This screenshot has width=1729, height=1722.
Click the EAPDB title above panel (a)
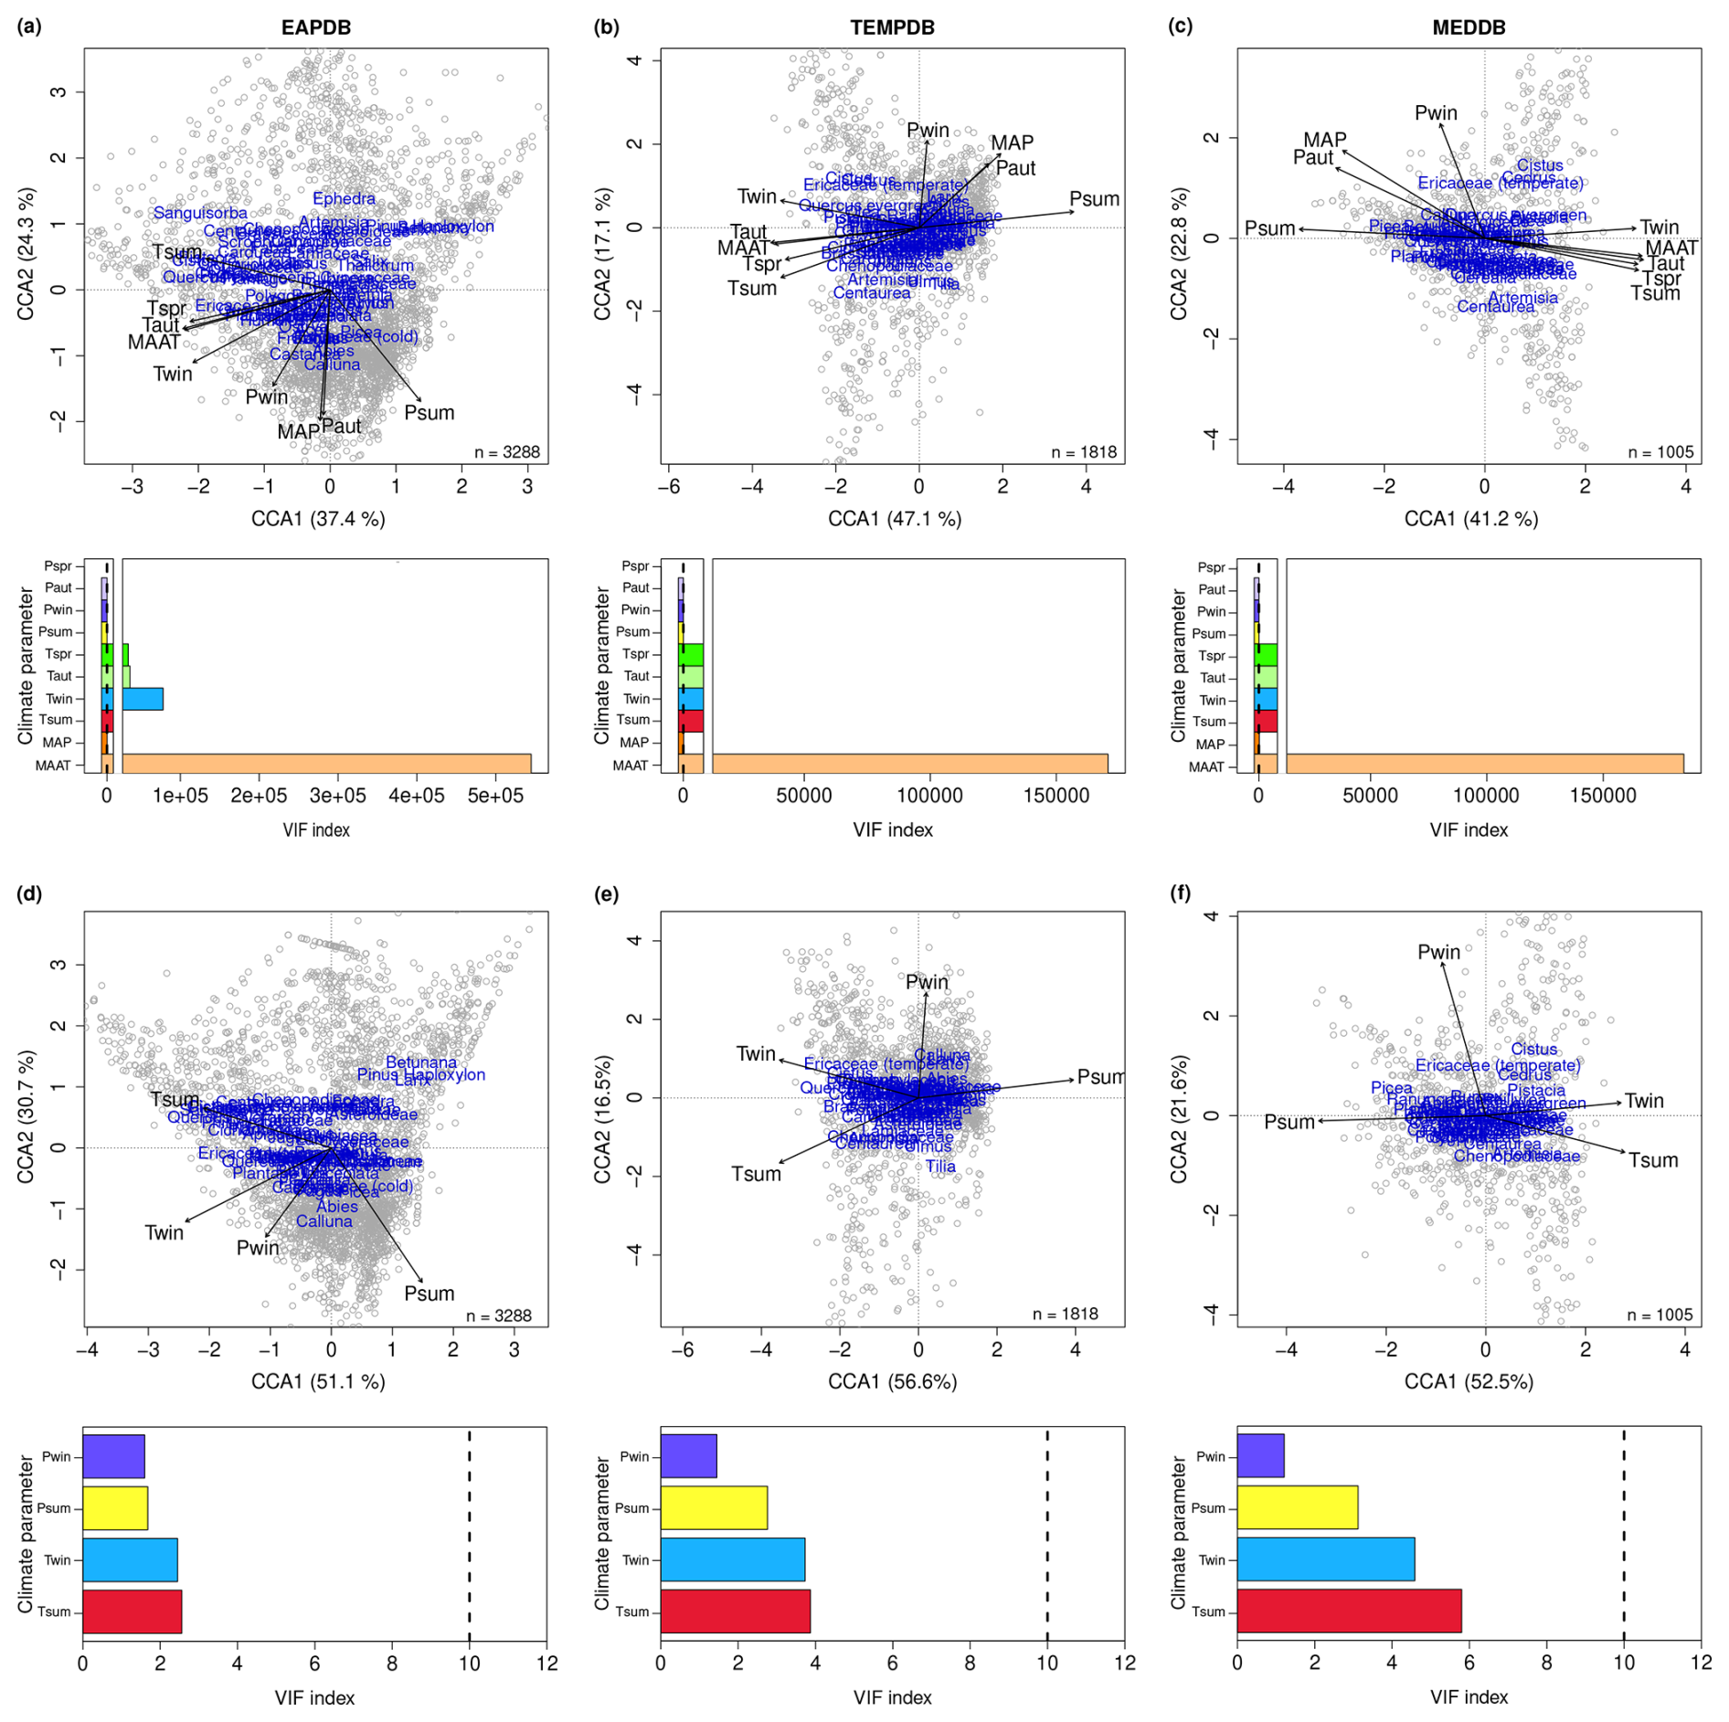point(315,27)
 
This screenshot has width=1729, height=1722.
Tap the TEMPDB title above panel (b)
point(892,27)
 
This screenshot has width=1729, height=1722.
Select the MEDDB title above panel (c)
point(1469,27)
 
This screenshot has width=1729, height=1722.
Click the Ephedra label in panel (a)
point(344,198)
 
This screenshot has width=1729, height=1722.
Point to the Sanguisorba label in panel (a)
point(200,213)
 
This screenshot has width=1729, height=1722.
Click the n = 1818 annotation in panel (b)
point(1084,452)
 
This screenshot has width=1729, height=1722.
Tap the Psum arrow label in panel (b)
point(1094,199)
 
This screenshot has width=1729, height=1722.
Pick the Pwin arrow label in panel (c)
point(1436,113)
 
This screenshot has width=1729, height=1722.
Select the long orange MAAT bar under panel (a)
point(326,765)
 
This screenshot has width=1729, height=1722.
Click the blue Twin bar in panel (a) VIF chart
point(143,699)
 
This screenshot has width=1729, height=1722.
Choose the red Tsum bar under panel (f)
point(1349,1611)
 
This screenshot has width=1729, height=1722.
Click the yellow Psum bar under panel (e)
point(714,1507)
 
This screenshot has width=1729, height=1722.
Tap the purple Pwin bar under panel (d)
point(113,1456)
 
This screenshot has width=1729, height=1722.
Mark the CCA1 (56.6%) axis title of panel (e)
point(892,1381)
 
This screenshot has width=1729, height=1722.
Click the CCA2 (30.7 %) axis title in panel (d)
point(26,1116)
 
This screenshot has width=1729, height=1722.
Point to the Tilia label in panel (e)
point(940,1167)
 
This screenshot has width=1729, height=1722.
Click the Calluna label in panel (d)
point(324,1221)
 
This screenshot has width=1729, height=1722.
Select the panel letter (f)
point(1181,893)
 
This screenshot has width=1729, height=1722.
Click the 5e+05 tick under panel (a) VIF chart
point(495,796)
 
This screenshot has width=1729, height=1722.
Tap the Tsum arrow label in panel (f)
point(1652,1160)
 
